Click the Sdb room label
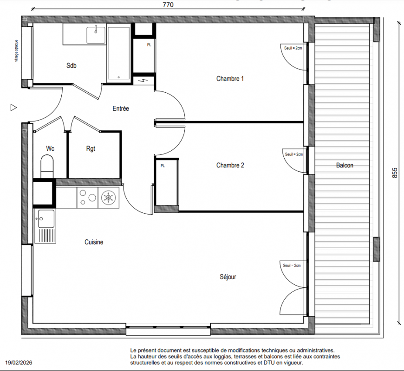click(x=72, y=65)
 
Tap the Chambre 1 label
click(x=230, y=78)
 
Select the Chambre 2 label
click(x=230, y=165)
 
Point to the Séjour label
click(x=228, y=277)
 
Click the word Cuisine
click(x=94, y=242)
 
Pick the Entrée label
click(x=121, y=109)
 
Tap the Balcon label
click(x=345, y=165)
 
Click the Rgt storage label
click(x=91, y=149)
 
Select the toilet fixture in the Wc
click(x=47, y=166)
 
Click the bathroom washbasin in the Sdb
click(x=96, y=35)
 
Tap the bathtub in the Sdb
click(x=118, y=53)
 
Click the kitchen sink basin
click(x=46, y=219)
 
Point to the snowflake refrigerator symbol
click(x=109, y=198)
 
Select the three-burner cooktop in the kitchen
click(x=87, y=198)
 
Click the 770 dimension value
click(x=168, y=5)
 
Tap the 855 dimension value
click(x=395, y=173)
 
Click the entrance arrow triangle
click(x=13, y=108)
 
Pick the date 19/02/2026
click(x=19, y=363)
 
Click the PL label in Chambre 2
click(x=163, y=166)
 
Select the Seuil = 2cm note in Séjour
click(x=292, y=266)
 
